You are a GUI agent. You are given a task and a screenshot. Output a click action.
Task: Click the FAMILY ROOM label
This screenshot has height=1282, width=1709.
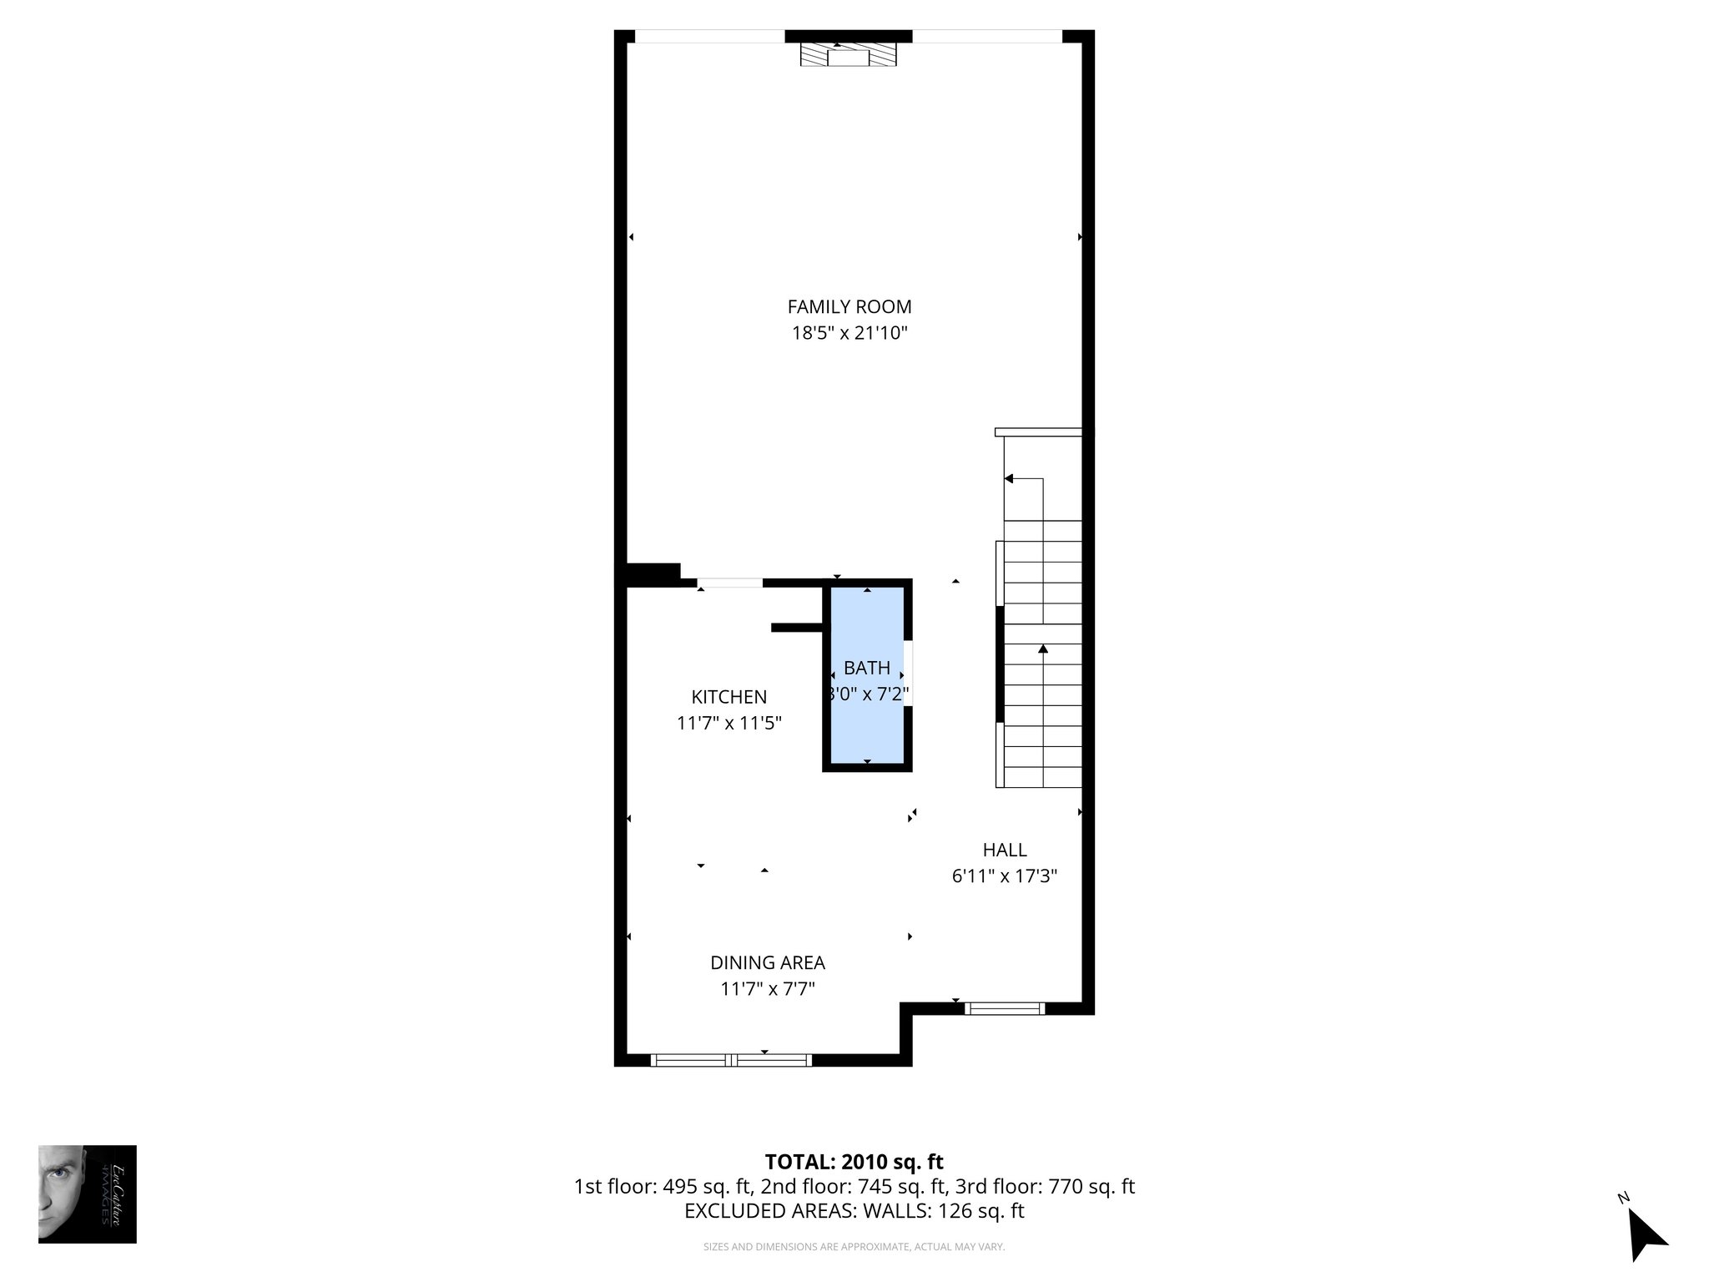(x=849, y=306)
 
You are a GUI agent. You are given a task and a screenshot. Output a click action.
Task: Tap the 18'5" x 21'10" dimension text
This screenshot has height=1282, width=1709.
(x=849, y=333)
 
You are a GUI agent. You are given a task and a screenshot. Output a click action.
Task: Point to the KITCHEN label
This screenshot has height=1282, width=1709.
(x=728, y=697)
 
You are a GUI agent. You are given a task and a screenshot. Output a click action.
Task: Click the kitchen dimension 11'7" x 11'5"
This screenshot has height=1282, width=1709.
(x=728, y=723)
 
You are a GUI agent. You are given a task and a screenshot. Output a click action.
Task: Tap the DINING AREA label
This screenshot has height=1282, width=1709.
(x=767, y=962)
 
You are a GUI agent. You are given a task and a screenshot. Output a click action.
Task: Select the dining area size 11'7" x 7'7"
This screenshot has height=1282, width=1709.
(x=767, y=989)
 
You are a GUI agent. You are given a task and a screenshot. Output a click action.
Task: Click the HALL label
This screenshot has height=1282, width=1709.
(x=1004, y=850)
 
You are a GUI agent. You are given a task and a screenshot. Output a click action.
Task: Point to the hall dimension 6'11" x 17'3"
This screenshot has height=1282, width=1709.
(x=1004, y=876)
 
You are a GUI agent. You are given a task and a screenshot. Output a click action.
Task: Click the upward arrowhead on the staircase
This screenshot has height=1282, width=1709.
(x=1042, y=648)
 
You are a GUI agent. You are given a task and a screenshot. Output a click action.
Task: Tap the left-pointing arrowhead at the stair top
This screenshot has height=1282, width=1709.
(x=1008, y=479)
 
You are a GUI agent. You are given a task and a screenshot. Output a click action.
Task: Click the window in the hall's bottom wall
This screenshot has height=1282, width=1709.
(x=1005, y=1008)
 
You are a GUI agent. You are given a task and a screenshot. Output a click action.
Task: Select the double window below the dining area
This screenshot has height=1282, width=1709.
(x=731, y=1060)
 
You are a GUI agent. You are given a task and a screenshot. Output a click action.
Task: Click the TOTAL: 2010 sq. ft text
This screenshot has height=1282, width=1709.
(x=854, y=1162)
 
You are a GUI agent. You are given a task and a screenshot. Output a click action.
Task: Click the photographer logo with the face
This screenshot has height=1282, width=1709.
(x=87, y=1194)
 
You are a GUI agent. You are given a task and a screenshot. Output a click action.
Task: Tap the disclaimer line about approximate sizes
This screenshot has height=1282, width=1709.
(x=854, y=1247)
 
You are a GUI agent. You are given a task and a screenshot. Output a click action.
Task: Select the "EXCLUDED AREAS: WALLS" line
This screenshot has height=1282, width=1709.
(x=854, y=1211)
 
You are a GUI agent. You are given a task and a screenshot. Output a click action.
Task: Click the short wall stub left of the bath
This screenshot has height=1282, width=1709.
(x=798, y=628)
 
